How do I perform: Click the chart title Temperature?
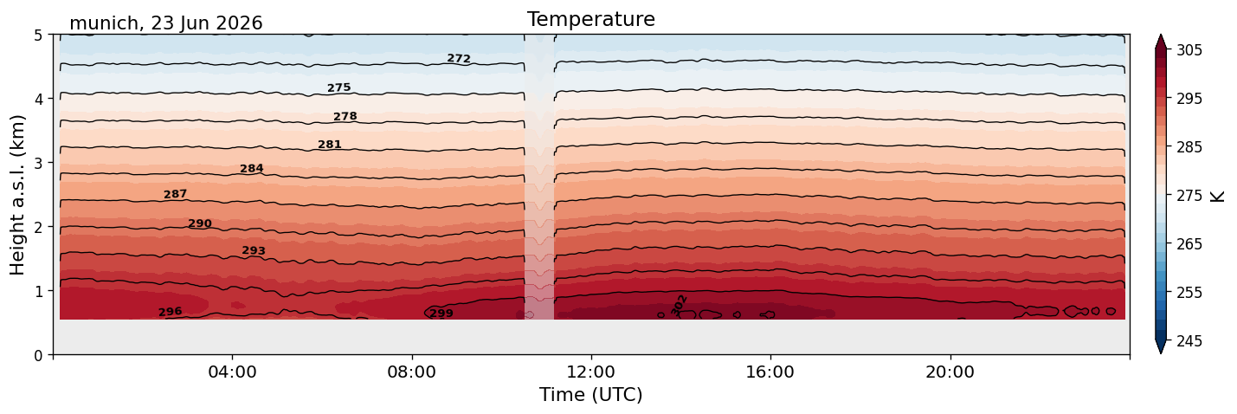pyautogui.click(x=591, y=19)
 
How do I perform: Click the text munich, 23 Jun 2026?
pyautogui.click(x=166, y=23)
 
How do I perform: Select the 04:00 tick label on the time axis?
pyautogui.click(x=233, y=372)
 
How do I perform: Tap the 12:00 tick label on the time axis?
pyautogui.click(x=591, y=372)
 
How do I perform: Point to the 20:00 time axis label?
pyautogui.click(x=950, y=372)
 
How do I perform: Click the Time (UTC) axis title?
pyautogui.click(x=591, y=395)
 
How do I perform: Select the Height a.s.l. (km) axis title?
pyautogui.click(x=17, y=195)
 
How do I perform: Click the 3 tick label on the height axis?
pyautogui.click(x=38, y=163)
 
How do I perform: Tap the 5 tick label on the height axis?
pyautogui.click(x=38, y=36)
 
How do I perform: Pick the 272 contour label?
pyautogui.click(x=459, y=58)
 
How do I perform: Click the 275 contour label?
pyautogui.click(x=339, y=87)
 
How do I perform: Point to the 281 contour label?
pyautogui.click(x=330, y=145)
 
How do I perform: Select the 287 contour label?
pyautogui.click(x=176, y=194)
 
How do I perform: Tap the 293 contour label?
pyautogui.click(x=254, y=250)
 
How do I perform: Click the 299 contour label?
pyautogui.click(x=441, y=314)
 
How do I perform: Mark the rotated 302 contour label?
pyautogui.click(x=680, y=305)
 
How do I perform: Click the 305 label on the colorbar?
pyautogui.click(x=1189, y=50)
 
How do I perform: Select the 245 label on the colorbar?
pyautogui.click(x=1189, y=341)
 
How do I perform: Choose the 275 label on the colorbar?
pyautogui.click(x=1189, y=196)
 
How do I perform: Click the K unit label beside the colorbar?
pyautogui.click(x=1217, y=196)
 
